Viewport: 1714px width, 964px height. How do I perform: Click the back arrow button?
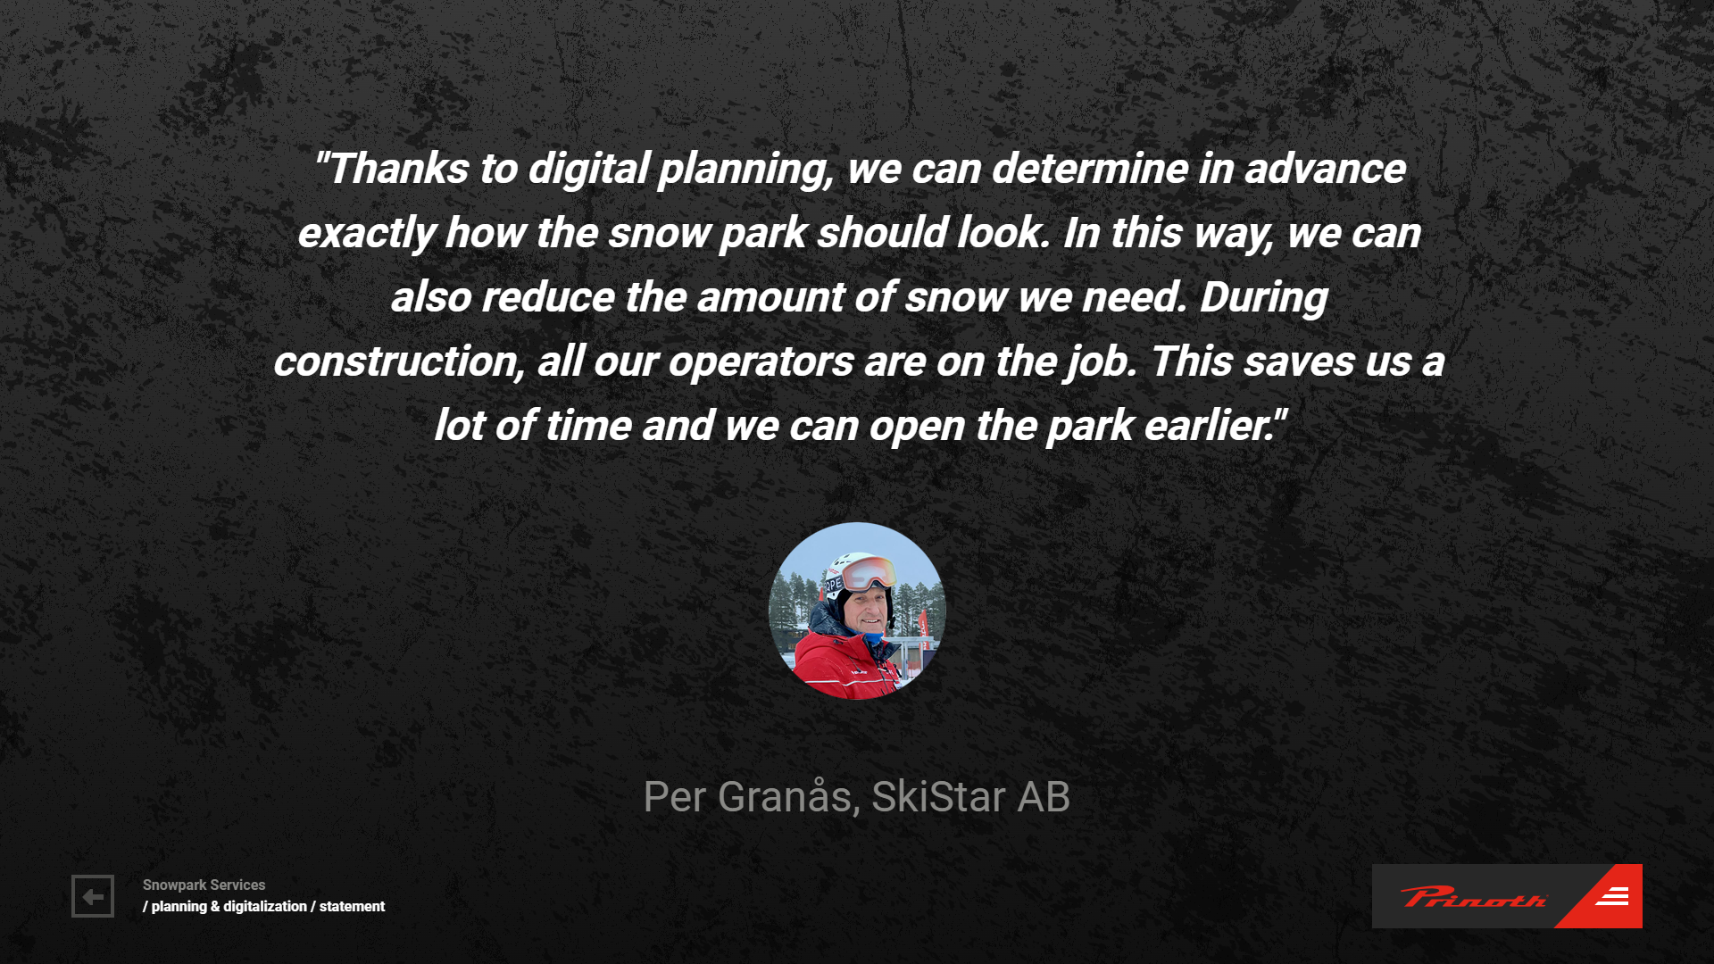coord(93,896)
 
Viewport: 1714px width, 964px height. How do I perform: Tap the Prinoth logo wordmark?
coord(1473,897)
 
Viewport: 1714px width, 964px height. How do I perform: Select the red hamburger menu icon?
coord(1612,896)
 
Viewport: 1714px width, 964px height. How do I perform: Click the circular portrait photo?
coord(857,611)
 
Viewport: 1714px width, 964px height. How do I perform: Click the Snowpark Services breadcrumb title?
coord(204,885)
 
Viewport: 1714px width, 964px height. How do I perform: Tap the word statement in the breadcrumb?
coord(352,906)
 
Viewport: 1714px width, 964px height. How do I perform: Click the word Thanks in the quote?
coord(398,169)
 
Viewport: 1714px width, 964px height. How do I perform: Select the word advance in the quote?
coord(1325,169)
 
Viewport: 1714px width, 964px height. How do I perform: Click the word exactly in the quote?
coord(366,233)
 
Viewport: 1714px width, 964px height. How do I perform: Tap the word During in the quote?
coord(1263,297)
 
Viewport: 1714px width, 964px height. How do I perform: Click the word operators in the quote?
coord(761,361)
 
